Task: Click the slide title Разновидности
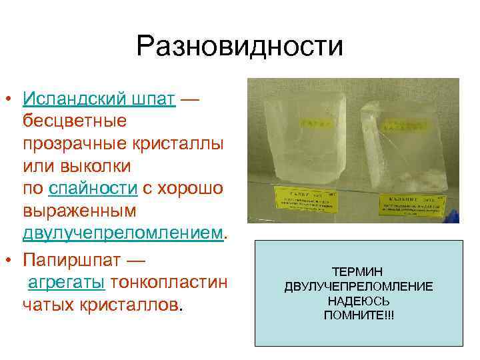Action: coord(239,47)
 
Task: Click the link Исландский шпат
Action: coord(99,99)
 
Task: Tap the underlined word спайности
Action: coord(93,189)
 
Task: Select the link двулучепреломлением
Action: coord(123,233)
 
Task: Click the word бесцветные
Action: coord(75,122)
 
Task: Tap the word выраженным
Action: coord(79,211)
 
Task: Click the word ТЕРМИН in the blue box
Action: coord(358,271)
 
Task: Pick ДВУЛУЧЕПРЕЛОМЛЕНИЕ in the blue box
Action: coord(358,286)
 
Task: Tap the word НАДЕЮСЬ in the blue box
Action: coord(358,301)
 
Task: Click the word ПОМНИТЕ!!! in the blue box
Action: coord(358,315)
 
